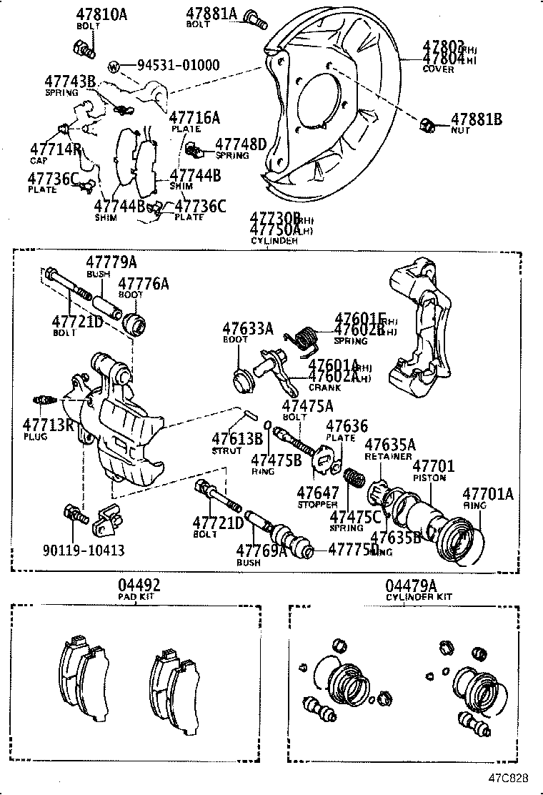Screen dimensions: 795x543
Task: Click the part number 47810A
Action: pos(101,14)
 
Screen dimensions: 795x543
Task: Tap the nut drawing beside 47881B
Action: pos(427,126)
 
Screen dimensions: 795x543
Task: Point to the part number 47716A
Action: pos(194,118)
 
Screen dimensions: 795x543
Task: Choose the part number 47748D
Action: pos(241,144)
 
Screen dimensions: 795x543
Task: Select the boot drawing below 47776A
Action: pos(134,322)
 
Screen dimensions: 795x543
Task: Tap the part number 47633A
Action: pos(247,328)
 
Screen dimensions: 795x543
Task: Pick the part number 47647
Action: pos(318,493)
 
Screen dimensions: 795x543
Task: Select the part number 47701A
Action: pos(488,493)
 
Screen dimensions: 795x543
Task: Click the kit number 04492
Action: pos(139,585)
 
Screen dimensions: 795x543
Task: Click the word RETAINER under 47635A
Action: pos(388,456)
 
